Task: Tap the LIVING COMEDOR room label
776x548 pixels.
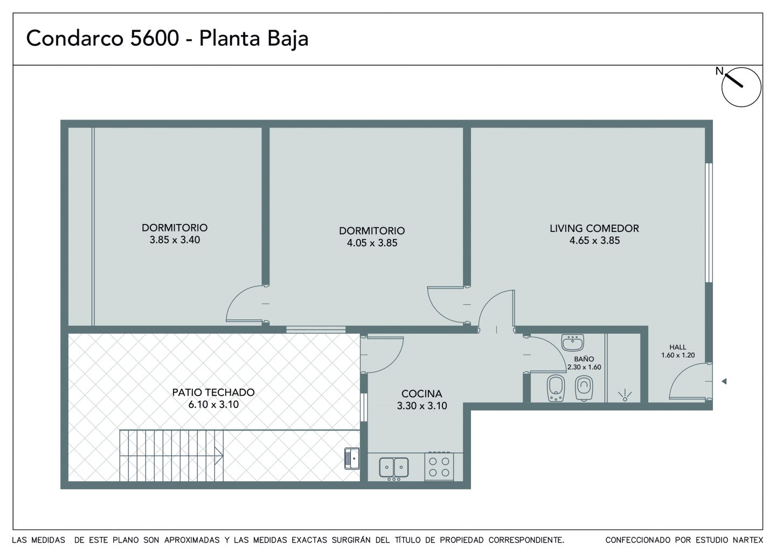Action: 594,228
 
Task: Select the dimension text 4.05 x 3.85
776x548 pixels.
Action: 372,243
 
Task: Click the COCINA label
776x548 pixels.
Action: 421,394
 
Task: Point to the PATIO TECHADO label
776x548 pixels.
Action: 213,392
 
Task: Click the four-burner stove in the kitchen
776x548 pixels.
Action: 439,466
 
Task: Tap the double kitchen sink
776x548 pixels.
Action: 394,468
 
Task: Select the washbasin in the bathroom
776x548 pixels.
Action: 573,342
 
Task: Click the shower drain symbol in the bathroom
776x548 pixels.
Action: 625,396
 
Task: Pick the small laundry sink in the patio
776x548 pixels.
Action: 351,459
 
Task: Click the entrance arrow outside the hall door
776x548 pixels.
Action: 724,381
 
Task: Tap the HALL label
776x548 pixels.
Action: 677,347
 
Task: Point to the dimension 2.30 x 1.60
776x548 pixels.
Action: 584,367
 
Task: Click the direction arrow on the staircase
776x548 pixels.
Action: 219,455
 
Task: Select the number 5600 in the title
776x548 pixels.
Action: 155,38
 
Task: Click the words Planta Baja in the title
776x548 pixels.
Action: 254,39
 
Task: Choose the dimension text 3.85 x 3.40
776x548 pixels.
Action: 175,240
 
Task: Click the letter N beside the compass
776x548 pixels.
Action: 719,71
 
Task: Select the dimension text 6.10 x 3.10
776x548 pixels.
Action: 213,404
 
